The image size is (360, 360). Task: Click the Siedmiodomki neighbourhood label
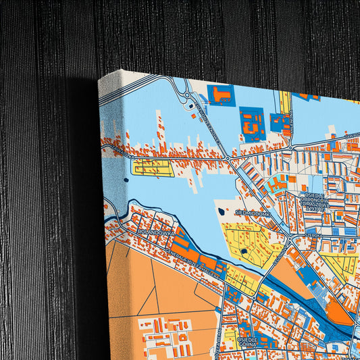[253, 212]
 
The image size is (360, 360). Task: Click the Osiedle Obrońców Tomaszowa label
[314, 201]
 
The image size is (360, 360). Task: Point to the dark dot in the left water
[126, 180]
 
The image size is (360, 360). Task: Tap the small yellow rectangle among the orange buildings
[153, 167]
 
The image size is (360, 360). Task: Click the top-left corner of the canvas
[100, 79]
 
